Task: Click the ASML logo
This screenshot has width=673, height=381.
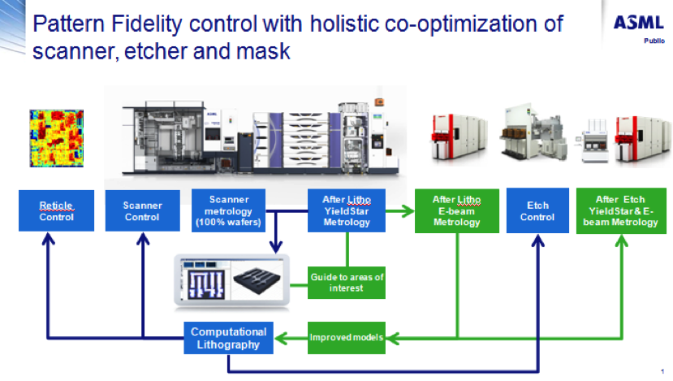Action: pos(637,23)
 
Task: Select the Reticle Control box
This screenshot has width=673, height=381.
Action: pos(56,211)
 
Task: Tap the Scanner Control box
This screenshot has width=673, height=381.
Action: pos(141,211)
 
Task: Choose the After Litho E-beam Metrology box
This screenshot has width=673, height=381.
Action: pos(456,211)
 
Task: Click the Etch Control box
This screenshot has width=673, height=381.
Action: pos(537,211)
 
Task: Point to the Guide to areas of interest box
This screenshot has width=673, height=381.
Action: pos(347,283)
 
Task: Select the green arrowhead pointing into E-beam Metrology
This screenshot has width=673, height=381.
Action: pos(407,211)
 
